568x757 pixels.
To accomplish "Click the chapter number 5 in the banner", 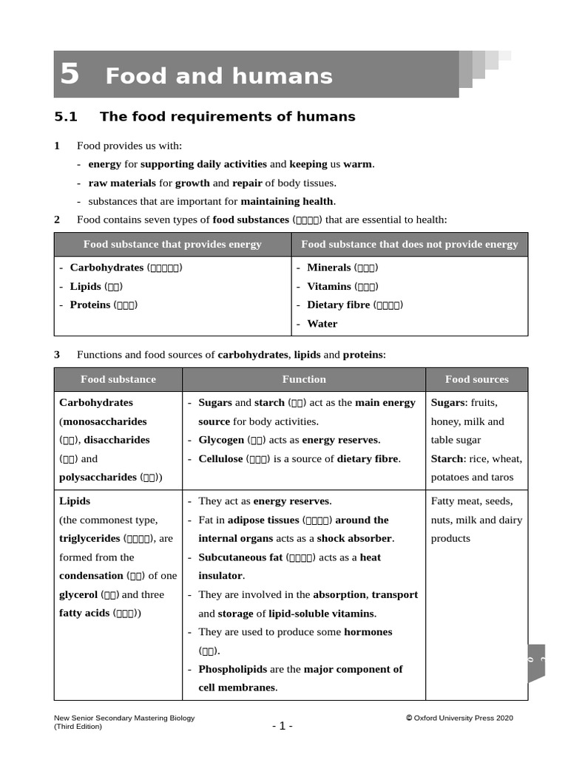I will (x=70, y=75).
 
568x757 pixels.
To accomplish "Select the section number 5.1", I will (x=66, y=117).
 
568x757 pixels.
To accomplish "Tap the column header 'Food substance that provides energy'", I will (x=172, y=245).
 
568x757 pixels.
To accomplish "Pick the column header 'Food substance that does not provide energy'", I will (x=410, y=245).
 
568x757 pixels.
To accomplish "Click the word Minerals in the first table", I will (x=328, y=268).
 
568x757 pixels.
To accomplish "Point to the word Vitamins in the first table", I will (x=329, y=286).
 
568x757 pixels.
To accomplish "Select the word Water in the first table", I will (x=322, y=324).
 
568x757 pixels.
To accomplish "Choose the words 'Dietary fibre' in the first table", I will (x=338, y=305).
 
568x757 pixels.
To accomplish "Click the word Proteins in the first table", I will (x=89, y=305).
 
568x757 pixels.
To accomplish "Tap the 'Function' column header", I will (x=304, y=379).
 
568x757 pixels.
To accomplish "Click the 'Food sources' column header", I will (x=476, y=379).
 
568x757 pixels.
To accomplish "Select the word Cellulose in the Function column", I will (x=220, y=458).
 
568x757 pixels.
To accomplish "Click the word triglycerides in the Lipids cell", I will (x=89, y=539).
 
